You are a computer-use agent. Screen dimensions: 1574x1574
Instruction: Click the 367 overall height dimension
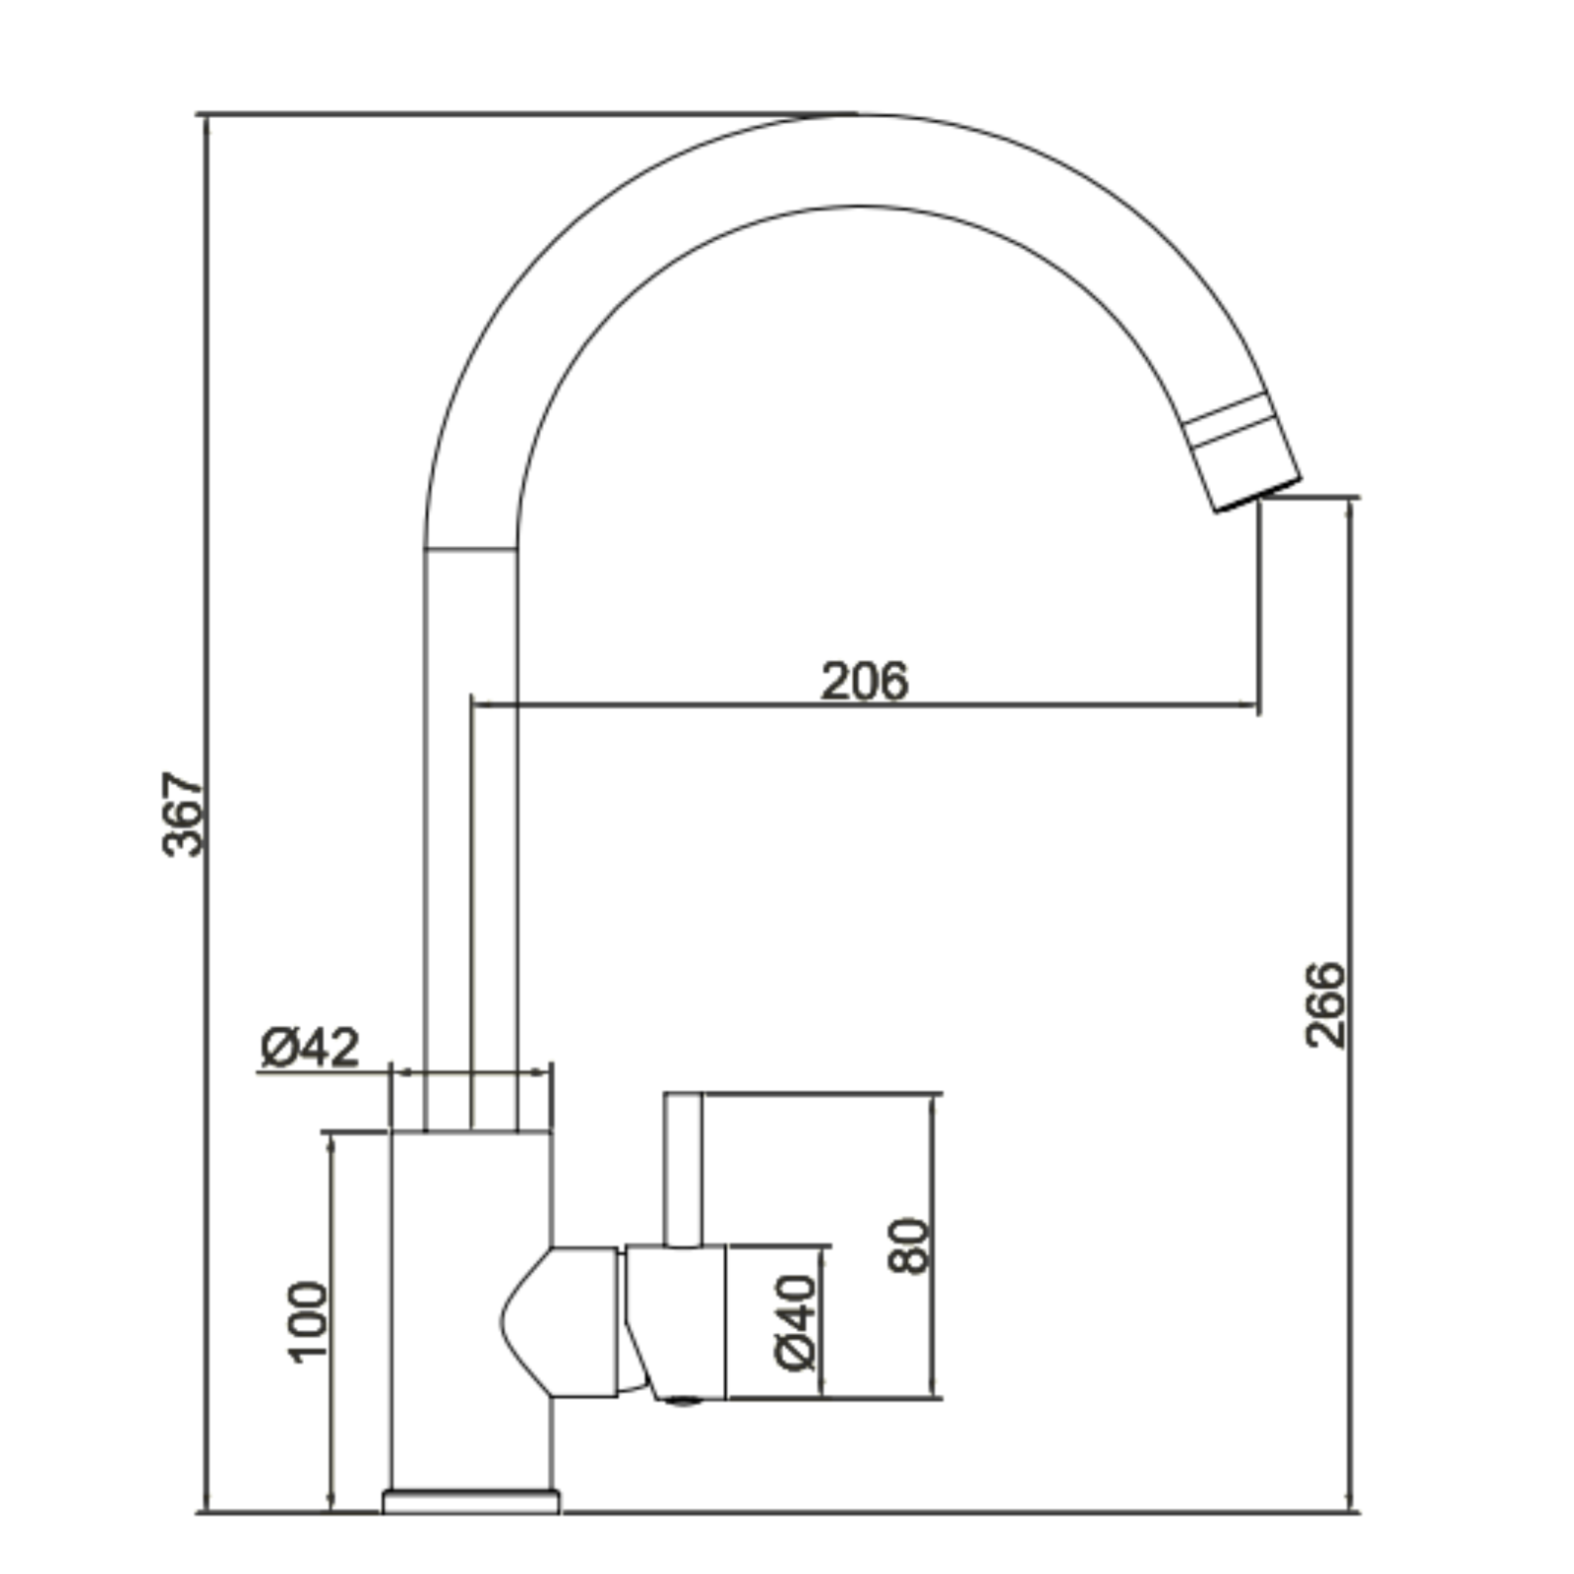click(183, 814)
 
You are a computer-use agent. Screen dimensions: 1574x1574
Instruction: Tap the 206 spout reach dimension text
click(865, 681)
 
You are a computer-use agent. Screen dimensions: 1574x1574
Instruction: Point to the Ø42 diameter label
click(310, 1048)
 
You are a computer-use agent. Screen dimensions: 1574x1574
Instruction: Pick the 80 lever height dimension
click(907, 1245)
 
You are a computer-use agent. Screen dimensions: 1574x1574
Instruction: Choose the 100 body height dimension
click(308, 1321)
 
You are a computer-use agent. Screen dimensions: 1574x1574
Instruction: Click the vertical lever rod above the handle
click(683, 1169)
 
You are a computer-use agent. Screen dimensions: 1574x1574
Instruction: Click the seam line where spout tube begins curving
click(470, 549)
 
